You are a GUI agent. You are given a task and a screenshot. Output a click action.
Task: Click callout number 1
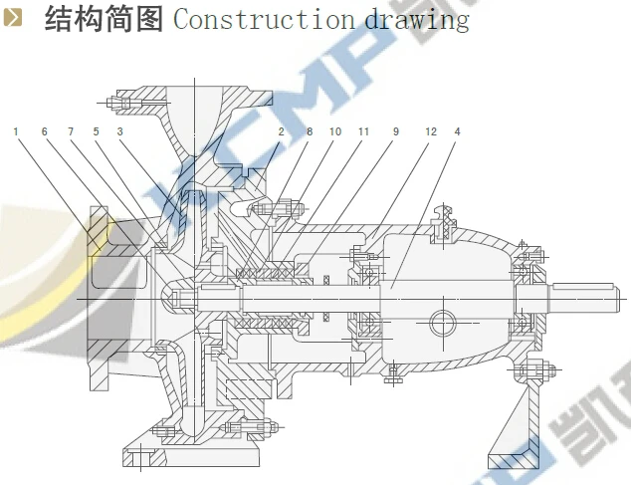click(16, 130)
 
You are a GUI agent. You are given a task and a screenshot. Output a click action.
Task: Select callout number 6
click(45, 130)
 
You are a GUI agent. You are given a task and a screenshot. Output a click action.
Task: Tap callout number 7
click(71, 130)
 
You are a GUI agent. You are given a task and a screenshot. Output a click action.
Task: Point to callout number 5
click(97, 130)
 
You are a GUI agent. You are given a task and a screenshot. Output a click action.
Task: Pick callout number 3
click(119, 130)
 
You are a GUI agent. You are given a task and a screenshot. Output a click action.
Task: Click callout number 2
click(282, 130)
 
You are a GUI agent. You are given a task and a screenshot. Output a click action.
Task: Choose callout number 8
click(310, 130)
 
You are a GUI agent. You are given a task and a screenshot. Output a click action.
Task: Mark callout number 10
click(335, 130)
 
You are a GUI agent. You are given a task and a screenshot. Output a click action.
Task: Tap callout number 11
click(364, 130)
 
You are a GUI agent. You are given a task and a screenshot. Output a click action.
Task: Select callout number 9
click(395, 130)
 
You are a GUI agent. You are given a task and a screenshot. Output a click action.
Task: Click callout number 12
click(430, 130)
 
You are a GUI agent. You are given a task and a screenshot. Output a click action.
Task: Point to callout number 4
click(457, 130)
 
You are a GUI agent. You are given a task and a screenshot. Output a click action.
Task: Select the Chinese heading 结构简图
click(104, 19)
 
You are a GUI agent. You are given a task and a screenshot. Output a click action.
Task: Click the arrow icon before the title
click(14, 19)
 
